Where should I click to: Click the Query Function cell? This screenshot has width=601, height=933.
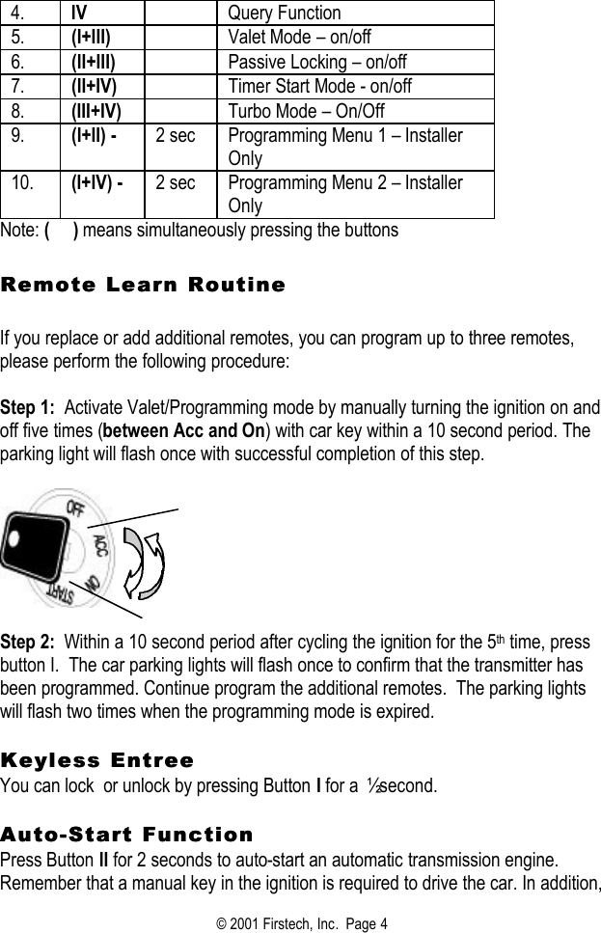284,13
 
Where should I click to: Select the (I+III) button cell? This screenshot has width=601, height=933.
91,38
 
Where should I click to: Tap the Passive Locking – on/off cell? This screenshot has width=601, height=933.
316,62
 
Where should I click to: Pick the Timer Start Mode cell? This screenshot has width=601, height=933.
318,86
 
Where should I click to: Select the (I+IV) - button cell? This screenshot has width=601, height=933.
96,182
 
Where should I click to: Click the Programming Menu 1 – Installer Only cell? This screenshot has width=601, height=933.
344,146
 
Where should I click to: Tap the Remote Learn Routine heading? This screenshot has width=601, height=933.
143,285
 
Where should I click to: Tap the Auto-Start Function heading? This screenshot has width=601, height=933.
126,834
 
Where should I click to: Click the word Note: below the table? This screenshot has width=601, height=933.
20,231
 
